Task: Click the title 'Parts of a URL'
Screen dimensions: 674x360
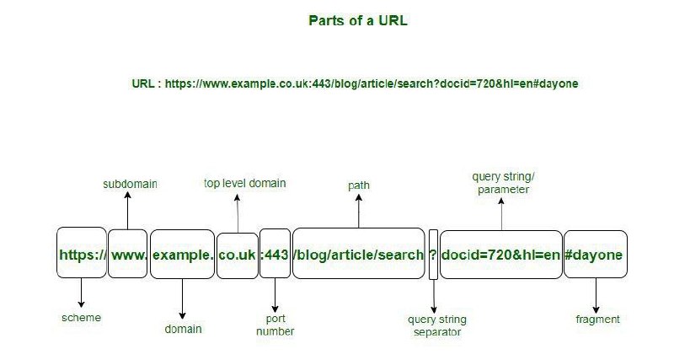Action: [357, 20]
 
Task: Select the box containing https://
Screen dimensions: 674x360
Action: [82, 252]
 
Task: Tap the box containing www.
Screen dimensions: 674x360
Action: [128, 253]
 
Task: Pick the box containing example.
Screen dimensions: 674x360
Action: [182, 255]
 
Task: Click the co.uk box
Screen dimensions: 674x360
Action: [238, 255]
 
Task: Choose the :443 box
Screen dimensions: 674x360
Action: [275, 253]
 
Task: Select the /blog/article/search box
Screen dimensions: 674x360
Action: [359, 253]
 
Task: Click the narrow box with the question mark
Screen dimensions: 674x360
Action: [433, 255]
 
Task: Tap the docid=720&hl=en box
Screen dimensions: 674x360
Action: [501, 255]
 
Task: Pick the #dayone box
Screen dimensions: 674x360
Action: [596, 255]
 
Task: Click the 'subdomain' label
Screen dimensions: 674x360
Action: [130, 184]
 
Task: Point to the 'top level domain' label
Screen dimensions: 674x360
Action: [244, 183]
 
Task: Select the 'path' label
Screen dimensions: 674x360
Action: [359, 185]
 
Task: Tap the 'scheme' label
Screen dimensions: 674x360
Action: [81, 318]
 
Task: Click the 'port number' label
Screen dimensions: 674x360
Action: [275, 325]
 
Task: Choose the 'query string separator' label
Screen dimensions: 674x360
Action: [437, 325]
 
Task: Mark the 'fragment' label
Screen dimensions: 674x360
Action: [597, 320]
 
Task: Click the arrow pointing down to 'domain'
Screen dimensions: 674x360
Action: [182, 299]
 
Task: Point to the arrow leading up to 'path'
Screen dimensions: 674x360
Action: [359, 211]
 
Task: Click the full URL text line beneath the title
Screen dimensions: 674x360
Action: [355, 83]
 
